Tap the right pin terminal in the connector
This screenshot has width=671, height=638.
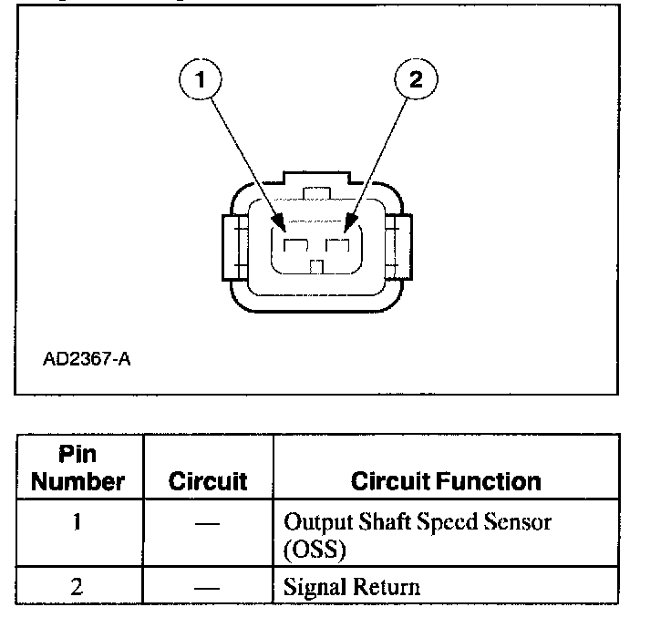click(338, 246)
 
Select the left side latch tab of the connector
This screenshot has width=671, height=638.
click(230, 246)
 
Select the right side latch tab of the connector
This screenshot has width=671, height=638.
click(398, 246)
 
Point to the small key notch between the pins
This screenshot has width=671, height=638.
click(316, 266)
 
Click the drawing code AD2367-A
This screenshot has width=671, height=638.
click(87, 359)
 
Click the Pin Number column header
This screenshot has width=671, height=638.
click(78, 468)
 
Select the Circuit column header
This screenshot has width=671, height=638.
click(208, 481)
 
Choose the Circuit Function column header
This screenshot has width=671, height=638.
click(446, 481)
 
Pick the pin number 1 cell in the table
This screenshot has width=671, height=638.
click(78, 523)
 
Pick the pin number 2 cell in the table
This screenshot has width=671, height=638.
click(78, 586)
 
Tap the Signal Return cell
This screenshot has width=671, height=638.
click(352, 586)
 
